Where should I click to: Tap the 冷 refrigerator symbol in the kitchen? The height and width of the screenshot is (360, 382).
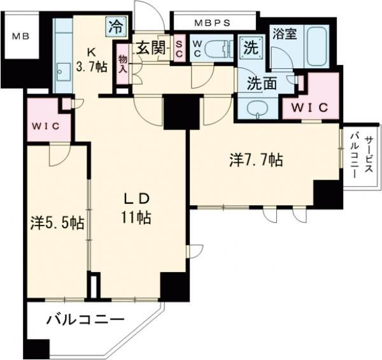116,27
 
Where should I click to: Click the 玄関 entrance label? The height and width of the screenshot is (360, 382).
150,47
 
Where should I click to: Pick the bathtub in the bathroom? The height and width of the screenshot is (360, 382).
316,45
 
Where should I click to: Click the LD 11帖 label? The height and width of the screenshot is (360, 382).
136,208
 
